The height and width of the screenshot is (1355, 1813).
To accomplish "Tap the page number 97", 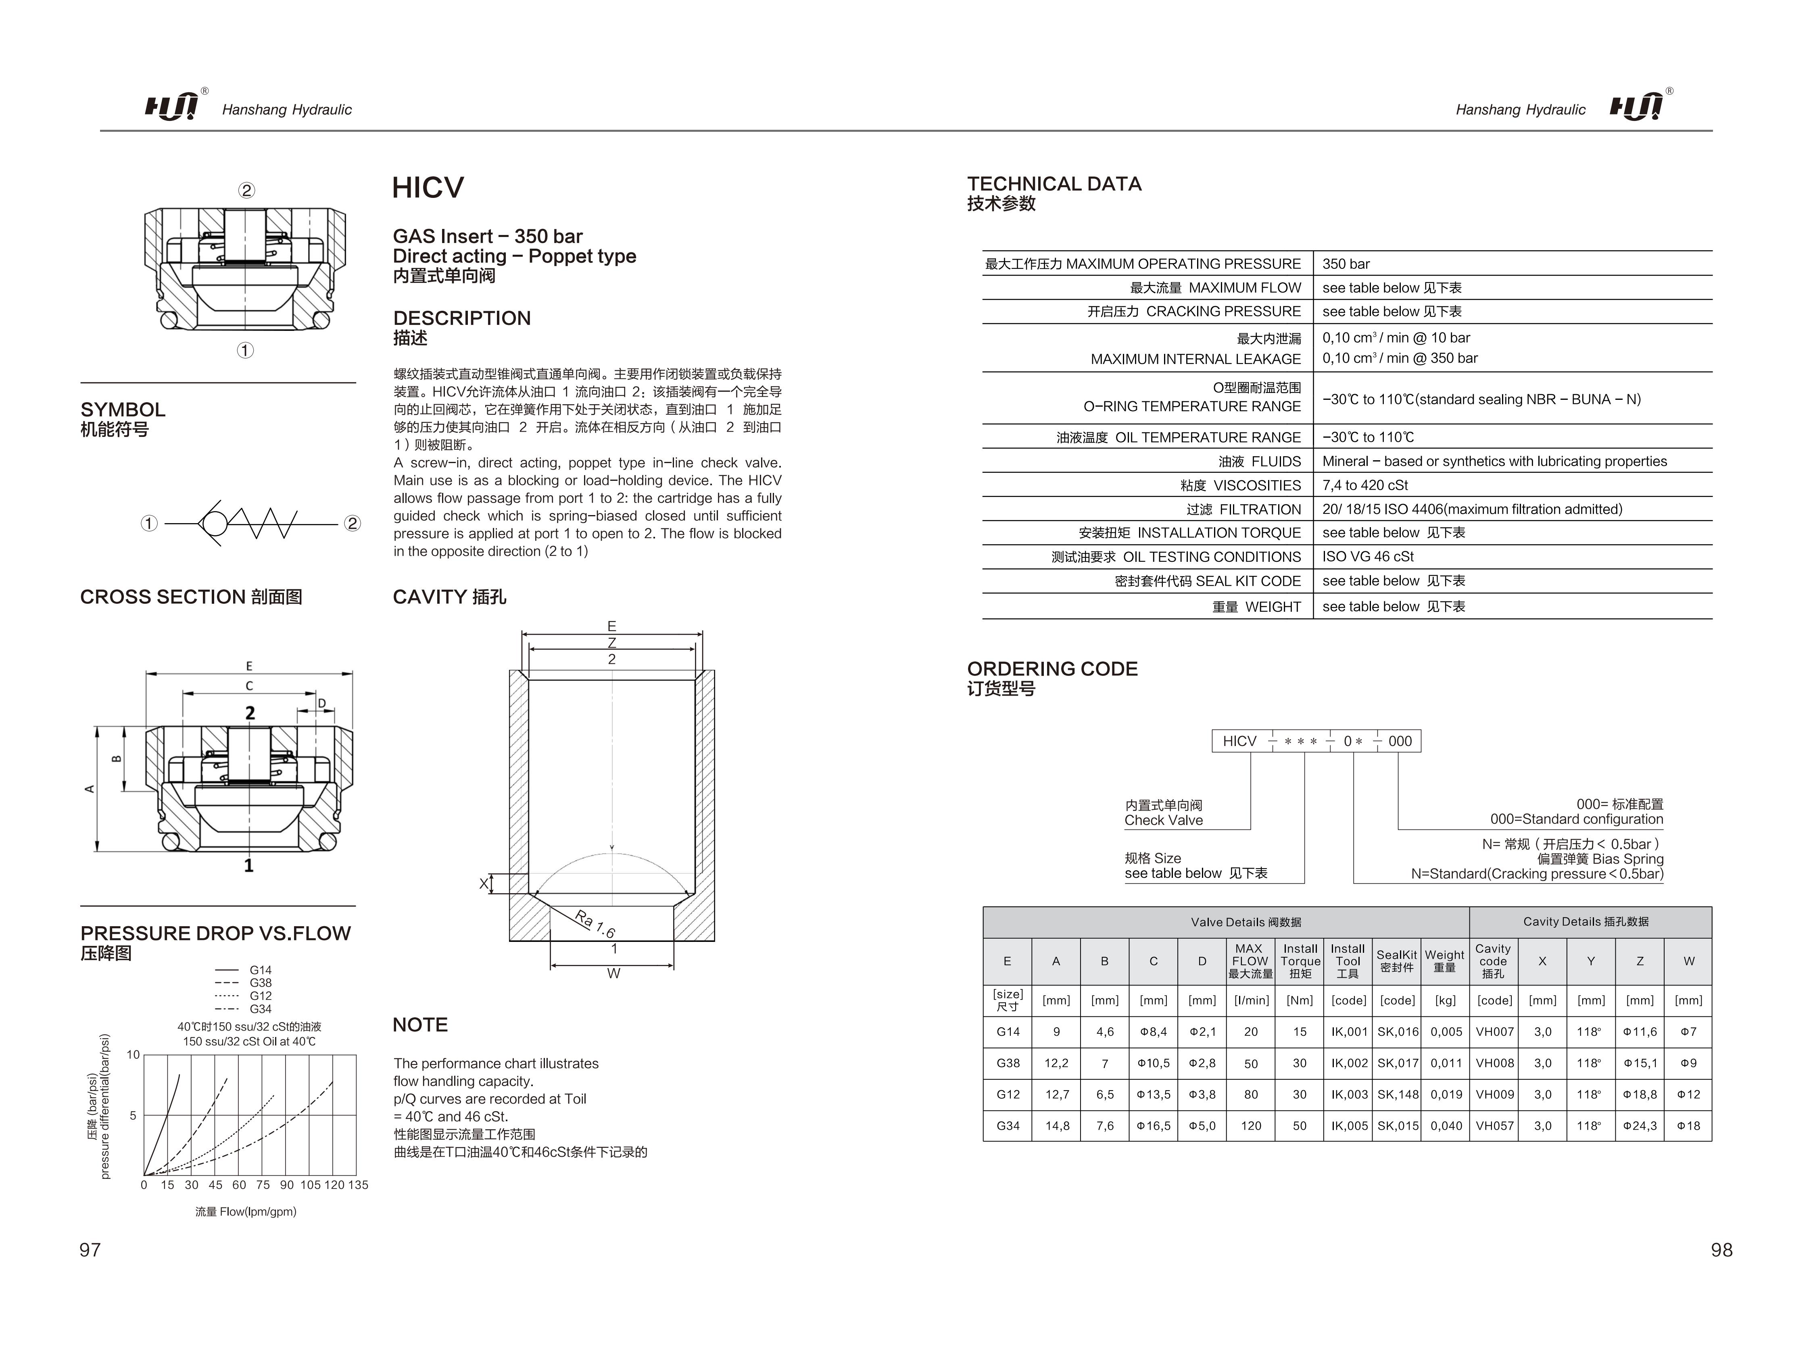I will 90,1249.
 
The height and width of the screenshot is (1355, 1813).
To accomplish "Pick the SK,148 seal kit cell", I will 1398,1095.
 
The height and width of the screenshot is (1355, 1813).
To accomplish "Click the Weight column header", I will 1444,961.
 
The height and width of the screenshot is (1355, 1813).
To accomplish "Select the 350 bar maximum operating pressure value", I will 1346,264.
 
